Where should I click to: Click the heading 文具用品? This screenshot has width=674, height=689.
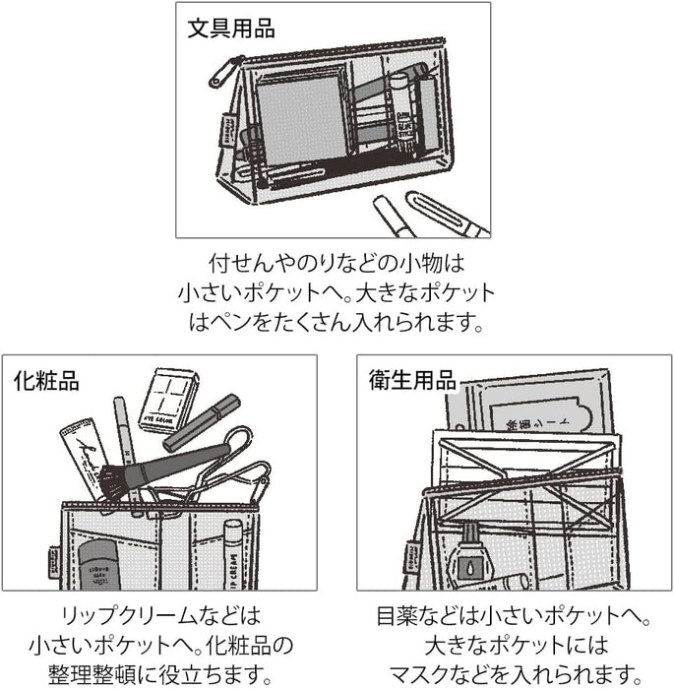coord(231,29)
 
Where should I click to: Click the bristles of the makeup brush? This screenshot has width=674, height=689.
coord(111,479)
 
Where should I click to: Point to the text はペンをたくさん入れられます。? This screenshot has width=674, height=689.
coord(336,321)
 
